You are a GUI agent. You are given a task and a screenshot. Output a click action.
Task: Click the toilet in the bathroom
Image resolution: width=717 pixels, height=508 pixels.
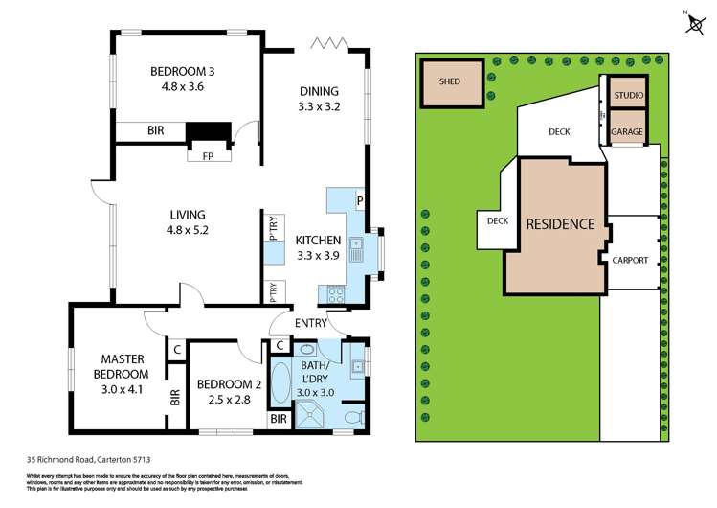pyautogui.click(x=351, y=417)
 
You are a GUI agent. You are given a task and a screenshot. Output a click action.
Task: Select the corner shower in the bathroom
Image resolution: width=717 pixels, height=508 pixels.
pyautogui.click(x=311, y=415)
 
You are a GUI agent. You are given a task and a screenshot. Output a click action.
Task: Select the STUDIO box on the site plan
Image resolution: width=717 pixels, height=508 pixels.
pyautogui.click(x=628, y=95)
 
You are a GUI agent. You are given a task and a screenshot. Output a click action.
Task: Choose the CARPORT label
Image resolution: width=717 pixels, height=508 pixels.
pyautogui.click(x=630, y=260)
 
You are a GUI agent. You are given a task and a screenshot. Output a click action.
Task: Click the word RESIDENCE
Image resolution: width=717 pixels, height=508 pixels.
pyautogui.click(x=560, y=224)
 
